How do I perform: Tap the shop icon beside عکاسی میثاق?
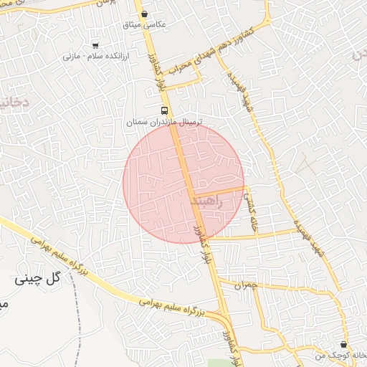click(x=146, y=14)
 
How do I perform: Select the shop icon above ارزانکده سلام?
click(x=96, y=44)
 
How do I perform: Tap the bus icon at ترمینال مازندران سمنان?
click(x=166, y=110)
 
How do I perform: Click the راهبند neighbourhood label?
click(x=208, y=203)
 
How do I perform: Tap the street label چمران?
click(x=244, y=285)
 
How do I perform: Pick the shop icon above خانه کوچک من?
click(x=344, y=345)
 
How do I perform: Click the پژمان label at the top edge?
click(x=105, y=4)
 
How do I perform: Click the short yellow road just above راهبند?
click(x=219, y=191)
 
